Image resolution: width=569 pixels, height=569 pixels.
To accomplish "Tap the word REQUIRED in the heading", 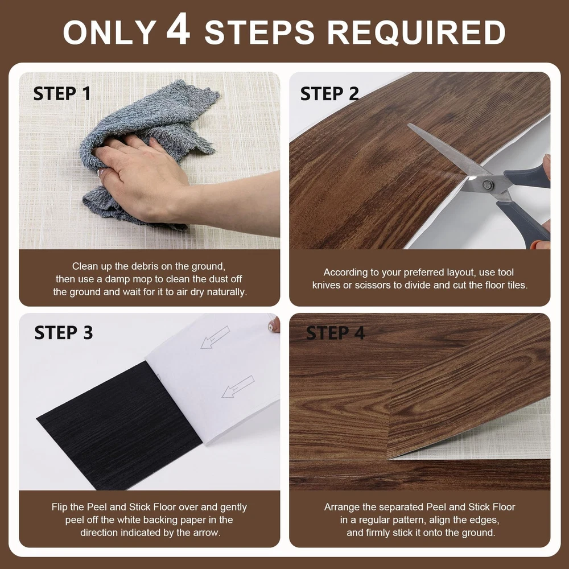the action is pyautogui.click(x=417, y=32).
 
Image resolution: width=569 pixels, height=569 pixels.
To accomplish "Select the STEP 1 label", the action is pyautogui.click(x=61, y=94).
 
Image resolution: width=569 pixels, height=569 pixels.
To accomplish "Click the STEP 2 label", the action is pyautogui.click(x=329, y=94).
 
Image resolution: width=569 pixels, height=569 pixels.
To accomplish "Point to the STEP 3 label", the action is pyautogui.click(x=64, y=332).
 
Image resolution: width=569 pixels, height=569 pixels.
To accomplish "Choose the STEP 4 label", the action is pyautogui.click(x=335, y=333).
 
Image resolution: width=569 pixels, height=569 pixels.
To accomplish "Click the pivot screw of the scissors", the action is pyautogui.click(x=488, y=185).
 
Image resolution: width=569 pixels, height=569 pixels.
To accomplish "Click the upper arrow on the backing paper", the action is pyautogui.click(x=215, y=337).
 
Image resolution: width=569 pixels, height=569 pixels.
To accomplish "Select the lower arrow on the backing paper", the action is pyautogui.click(x=238, y=387).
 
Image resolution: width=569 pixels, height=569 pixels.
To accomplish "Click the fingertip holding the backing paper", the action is pyautogui.click(x=275, y=324).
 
